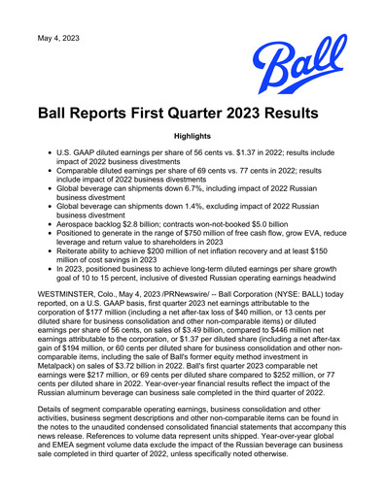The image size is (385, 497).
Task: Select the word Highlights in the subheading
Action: pos(192,138)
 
